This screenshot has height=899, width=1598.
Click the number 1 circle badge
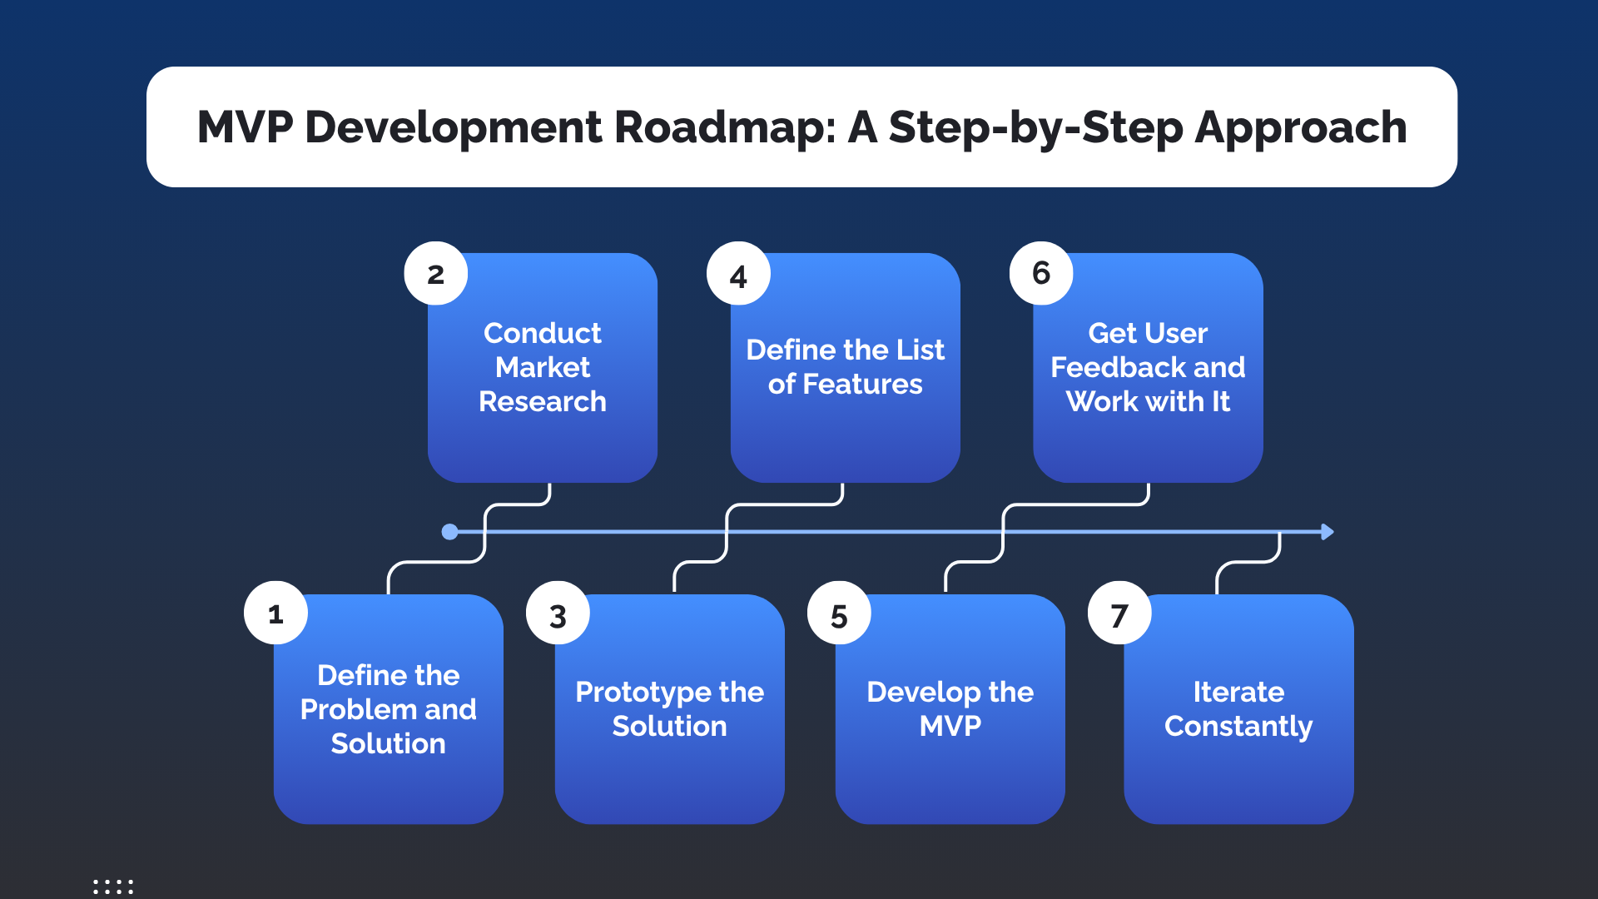275,613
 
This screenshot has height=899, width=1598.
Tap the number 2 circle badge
435,274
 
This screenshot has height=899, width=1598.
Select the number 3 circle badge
558,614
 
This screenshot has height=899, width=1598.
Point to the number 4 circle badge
738,274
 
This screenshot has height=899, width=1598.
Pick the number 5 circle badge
839,614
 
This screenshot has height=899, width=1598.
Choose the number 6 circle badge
1041,273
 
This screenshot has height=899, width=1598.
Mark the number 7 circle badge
1119,614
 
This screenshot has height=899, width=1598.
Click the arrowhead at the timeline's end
1328,532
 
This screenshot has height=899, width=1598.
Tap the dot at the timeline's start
449,532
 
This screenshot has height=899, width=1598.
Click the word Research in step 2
543,402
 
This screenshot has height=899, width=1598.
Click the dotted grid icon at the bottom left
113,887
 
